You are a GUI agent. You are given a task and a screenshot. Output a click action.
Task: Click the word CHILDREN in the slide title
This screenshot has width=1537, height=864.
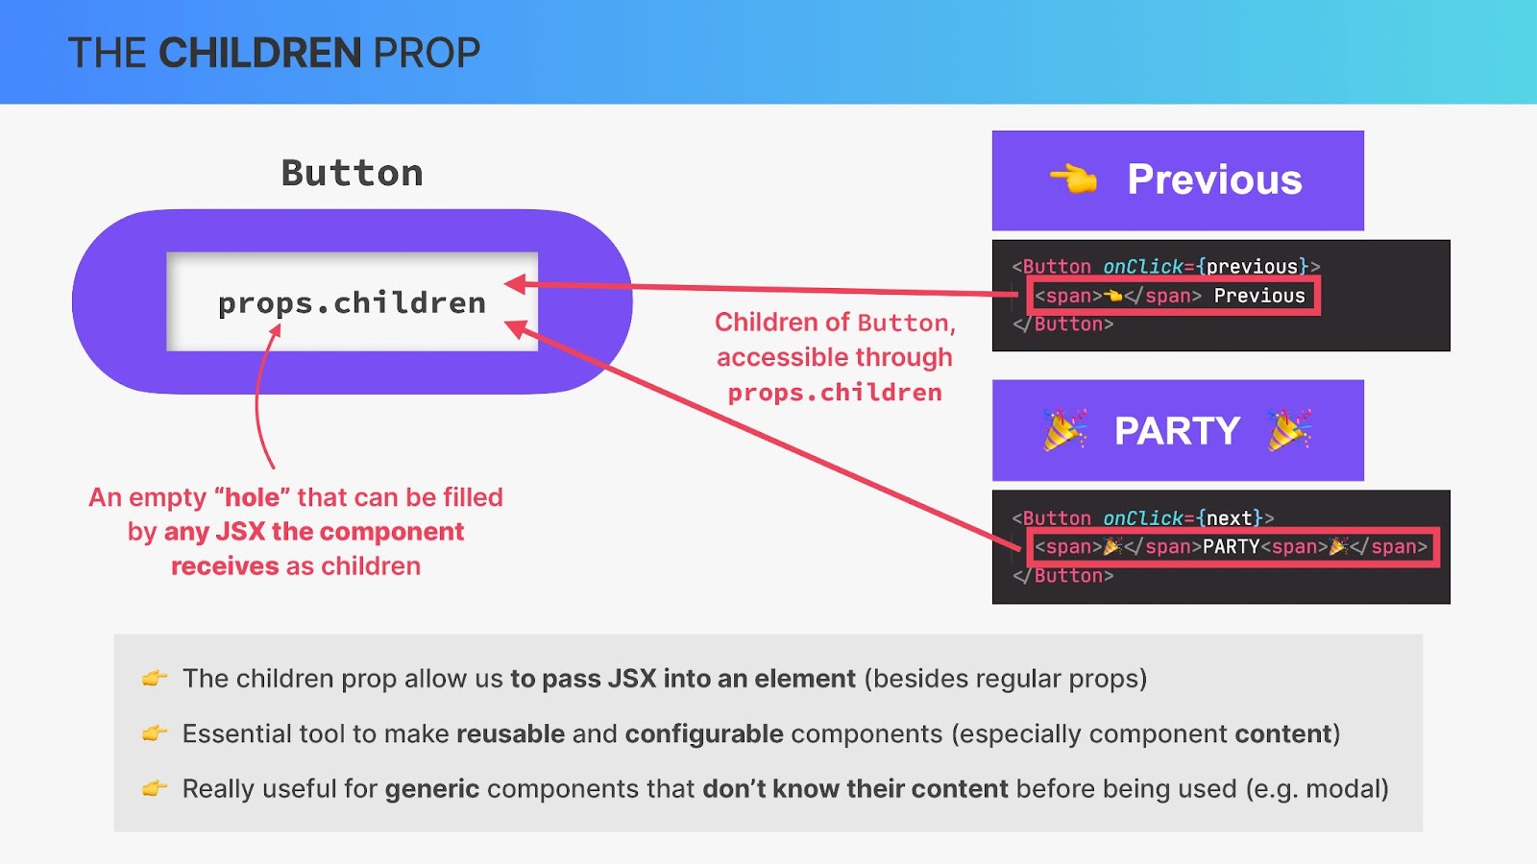point(260,53)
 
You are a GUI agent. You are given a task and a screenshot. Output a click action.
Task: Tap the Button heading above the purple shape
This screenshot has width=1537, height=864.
point(352,173)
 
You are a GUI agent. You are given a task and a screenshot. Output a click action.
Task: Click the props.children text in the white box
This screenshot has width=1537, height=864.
point(352,303)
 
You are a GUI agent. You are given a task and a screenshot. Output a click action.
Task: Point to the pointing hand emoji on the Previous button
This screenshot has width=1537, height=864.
point(1073,180)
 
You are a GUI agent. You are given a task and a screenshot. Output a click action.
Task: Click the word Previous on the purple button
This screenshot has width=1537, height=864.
point(1214,180)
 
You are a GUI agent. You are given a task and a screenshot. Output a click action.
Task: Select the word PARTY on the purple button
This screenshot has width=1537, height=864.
point(1177,431)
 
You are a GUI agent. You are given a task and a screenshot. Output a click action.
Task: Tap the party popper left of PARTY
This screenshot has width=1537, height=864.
point(1064,430)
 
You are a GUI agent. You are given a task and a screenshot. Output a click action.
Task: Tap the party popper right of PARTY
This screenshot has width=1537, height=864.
point(1289,430)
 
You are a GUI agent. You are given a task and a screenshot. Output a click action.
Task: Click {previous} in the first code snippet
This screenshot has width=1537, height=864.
point(1253,266)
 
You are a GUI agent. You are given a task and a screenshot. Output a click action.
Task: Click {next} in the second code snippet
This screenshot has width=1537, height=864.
point(1229,517)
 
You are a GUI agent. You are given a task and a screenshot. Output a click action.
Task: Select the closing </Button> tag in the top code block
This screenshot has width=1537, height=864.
point(1062,324)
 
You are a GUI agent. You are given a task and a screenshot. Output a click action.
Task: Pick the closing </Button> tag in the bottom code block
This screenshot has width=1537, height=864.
point(1062,575)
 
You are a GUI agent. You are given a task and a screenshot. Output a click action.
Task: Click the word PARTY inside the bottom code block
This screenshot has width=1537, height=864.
point(1232,546)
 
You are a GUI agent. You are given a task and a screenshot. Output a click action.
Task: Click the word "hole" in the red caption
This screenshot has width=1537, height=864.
point(253,497)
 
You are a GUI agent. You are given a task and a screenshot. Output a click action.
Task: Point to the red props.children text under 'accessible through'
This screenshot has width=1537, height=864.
point(835,393)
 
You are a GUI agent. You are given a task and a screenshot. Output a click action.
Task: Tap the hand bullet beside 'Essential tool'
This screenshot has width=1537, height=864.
point(155,733)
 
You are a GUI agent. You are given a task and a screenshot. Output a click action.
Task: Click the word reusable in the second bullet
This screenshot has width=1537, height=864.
point(510,733)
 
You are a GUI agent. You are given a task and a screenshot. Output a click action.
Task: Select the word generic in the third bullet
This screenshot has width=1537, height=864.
point(431,789)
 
